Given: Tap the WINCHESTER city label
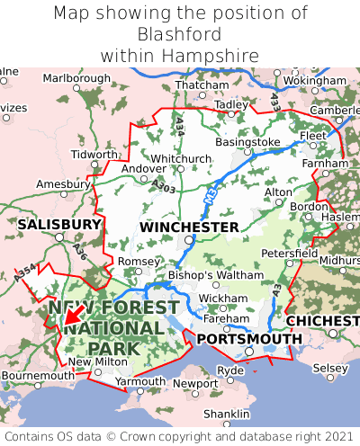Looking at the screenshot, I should pyautogui.click(x=190, y=227).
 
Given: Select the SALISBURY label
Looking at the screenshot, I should pyautogui.click(x=59, y=224).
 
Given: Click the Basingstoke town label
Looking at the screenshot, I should pyautogui.click(x=247, y=142).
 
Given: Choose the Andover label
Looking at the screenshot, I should pyautogui.click(x=143, y=168).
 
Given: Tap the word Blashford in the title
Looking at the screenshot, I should pyautogui.click(x=180, y=34).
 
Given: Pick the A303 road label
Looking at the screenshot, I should pyautogui.click(x=164, y=186).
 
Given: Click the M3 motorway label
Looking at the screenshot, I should pyautogui.click(x=211, y=193).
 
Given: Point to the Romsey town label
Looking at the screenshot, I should pyautogui.click(x=138, y=261).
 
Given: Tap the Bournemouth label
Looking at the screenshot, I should pyautogui.click(x=38, y=375).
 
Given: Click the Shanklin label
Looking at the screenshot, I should pyautogui.click(x=226, y=413).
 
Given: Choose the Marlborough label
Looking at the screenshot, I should pyautogui.click(x=76, y=78).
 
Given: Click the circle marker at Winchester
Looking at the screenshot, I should pyautogui.click(x=189, y=240).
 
